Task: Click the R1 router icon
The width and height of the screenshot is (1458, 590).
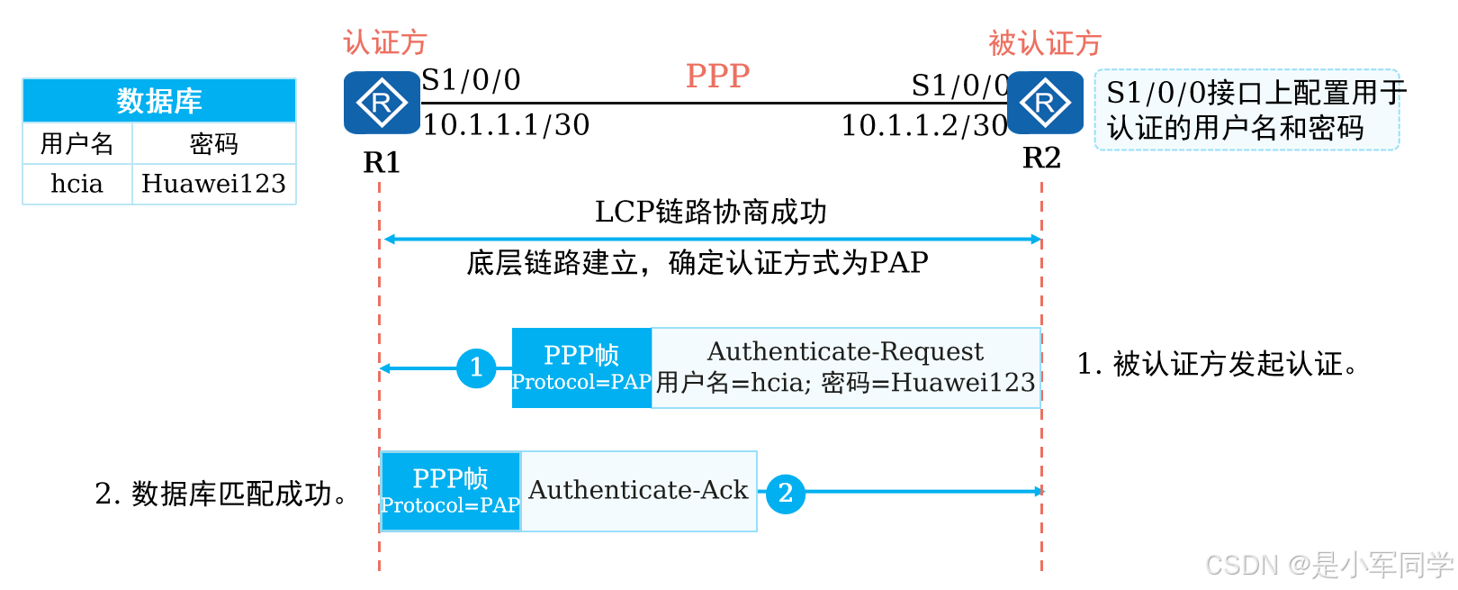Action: [382, 103]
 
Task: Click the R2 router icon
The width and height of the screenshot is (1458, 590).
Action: [1045, 103]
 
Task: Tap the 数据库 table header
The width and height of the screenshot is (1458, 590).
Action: [159, 100]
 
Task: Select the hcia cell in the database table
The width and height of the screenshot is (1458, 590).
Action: [77, 184]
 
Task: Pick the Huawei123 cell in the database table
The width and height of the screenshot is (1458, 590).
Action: [214, 184]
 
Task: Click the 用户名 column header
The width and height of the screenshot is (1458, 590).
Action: [77, 143]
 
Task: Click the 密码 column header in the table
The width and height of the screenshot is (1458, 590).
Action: [214, 143]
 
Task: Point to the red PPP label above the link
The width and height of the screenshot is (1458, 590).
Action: [718, 77]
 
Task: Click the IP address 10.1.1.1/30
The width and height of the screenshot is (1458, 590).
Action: [507, 125]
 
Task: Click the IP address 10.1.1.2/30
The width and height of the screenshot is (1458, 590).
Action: [924, 126]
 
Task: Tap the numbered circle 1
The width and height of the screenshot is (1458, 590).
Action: [476, 368]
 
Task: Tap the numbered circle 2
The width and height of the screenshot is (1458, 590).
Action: [786, 493]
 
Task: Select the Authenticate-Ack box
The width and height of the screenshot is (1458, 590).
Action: [639, 491]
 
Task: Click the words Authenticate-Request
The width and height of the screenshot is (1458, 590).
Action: [845, 351]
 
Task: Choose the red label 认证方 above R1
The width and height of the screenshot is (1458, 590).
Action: [385, 42]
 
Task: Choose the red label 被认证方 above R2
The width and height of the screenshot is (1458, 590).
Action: [1045, 43]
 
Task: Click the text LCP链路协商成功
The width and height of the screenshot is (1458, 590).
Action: [711, 213]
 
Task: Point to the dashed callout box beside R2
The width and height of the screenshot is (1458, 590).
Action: [1247, 110]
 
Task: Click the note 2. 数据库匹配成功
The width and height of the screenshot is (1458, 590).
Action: [221, 494]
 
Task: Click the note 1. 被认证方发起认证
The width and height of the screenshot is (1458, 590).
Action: [1217, 363]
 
